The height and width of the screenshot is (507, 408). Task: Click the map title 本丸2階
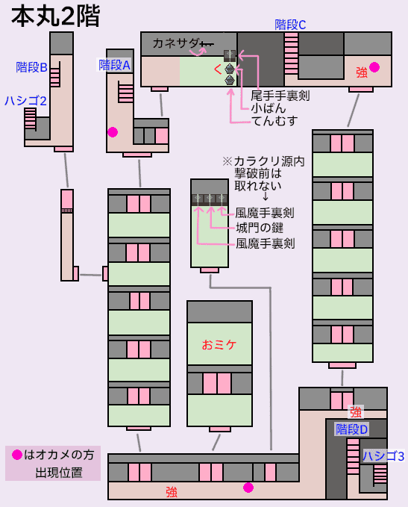55,16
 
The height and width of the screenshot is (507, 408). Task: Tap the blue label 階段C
290,25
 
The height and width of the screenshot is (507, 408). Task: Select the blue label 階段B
31,67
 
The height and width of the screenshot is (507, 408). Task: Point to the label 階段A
115,65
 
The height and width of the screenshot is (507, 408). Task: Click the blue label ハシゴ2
25,101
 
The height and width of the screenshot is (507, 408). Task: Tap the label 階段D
352,429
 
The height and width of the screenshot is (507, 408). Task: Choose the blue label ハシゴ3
383,456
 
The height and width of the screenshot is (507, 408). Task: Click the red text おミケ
219,345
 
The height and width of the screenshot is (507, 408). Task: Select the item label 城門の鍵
260,228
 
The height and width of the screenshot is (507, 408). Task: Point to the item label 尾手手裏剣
280,96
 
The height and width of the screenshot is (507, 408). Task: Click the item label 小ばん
269,108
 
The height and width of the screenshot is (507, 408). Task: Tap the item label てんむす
274,121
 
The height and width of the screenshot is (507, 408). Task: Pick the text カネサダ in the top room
176,43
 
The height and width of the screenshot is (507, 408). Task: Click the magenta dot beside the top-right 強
374,67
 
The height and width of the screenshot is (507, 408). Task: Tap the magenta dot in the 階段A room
113,132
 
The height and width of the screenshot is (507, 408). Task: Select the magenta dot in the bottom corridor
248,488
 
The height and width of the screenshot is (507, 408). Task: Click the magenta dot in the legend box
17,455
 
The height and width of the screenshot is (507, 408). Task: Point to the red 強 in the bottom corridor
172,492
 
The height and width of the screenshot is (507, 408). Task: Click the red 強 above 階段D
356,412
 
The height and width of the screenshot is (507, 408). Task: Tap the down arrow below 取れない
266,196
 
